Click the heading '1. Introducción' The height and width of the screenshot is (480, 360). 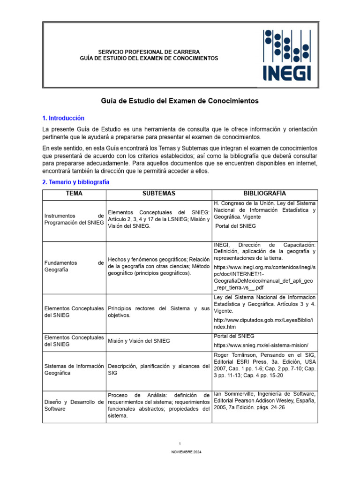[63, 118]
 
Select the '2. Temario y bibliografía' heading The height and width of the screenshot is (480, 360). [76, 182]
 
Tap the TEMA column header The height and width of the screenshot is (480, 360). [75, 194]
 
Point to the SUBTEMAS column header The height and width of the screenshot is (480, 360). [159, 194]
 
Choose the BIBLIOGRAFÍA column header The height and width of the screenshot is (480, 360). [265, 194]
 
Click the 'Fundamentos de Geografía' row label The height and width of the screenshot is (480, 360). [74, 266]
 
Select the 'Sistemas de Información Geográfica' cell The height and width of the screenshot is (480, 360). [74, 369]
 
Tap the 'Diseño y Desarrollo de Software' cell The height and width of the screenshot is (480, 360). [74, 405]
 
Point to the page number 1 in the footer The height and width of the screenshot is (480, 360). [180, 443]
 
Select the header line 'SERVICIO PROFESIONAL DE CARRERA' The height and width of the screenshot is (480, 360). [149, 52]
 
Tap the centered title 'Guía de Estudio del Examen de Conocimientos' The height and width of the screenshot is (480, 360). [180, 101]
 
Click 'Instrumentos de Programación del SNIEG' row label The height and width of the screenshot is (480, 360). [74, 219]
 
